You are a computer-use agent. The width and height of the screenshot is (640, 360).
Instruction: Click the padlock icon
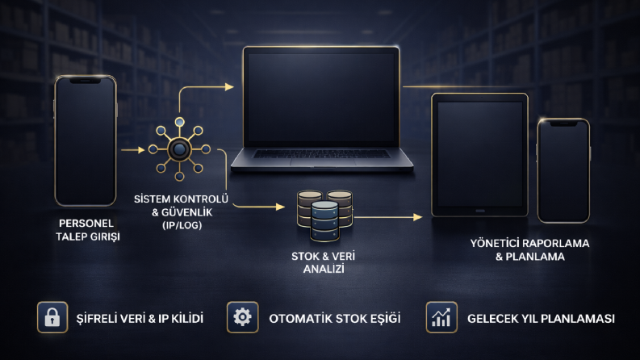click(52, 317)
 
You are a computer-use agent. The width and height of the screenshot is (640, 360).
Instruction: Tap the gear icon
click(242, 317)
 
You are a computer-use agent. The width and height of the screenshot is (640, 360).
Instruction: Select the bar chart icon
click(441, 317)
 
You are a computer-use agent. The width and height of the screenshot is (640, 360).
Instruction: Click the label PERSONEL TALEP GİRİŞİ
click(87, 230)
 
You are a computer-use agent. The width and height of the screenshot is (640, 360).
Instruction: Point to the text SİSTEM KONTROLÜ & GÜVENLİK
click(182, 206)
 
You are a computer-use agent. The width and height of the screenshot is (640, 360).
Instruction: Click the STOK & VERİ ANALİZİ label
click(324, 262)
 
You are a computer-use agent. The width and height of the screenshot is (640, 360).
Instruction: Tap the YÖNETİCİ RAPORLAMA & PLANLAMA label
click(529, 249)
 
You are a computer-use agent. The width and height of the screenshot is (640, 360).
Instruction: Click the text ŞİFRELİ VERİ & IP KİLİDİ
click(140, 318)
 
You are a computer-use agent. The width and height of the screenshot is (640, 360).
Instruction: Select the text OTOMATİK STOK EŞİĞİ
click(335, 318)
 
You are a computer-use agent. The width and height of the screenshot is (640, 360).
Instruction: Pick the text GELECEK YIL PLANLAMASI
click(541, 318)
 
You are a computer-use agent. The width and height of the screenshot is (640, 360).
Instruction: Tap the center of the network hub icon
click(179, 149)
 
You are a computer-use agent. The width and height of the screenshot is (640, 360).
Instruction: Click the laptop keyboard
click(322, 154)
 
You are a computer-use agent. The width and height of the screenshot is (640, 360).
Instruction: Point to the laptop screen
click(321, 97)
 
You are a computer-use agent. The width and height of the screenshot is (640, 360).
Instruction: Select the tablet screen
click(479, 154)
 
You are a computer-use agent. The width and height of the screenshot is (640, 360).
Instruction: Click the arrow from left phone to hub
click(133, 150)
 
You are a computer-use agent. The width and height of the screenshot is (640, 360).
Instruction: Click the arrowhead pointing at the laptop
click(229, 86)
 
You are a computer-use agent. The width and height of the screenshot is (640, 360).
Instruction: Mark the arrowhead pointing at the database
click(280, 207)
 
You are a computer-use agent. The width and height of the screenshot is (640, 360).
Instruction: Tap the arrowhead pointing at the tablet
click(418, 217)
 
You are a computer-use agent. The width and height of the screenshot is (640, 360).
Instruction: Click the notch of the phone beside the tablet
click(563, 123)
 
